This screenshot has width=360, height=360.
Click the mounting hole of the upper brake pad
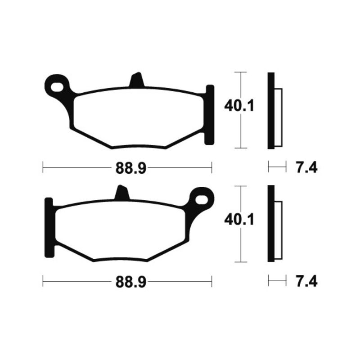[x=57, y=85]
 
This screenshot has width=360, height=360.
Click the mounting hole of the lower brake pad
[x=202, y=198]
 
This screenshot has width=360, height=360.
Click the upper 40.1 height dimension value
[x=239, y=106]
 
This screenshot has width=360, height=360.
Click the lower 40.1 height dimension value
[x=239, y=220]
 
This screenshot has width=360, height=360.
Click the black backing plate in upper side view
[x=270, y=110]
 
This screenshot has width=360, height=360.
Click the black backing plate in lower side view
[x=270, y=224]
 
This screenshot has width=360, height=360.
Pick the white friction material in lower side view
[x=278, y=231]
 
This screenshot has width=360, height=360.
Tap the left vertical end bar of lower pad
[x=49, y=228]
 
